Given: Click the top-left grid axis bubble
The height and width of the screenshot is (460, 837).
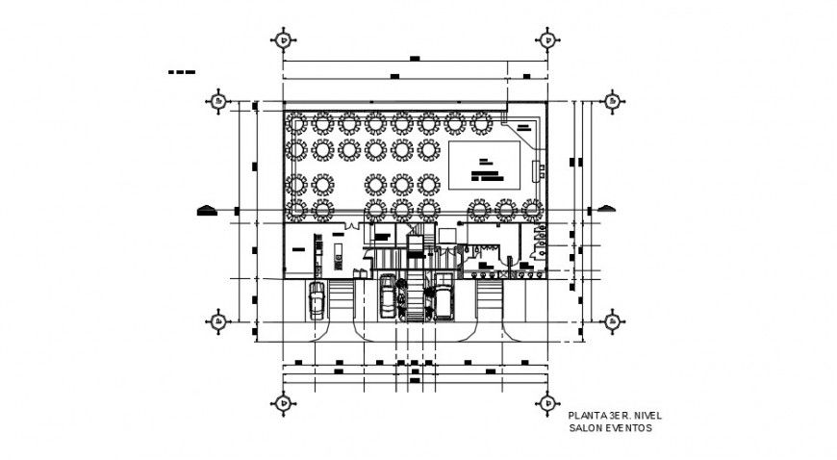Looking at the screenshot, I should coord(283,39).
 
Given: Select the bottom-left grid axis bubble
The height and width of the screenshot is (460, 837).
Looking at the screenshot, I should coord(283,402).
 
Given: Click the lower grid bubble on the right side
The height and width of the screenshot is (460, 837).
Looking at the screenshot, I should coord(610,320).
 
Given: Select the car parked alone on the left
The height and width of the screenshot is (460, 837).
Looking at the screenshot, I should coord(317,300).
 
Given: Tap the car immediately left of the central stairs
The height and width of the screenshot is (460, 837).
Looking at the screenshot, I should coord(388,295).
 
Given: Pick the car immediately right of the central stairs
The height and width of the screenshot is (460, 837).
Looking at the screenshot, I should coord(444,297).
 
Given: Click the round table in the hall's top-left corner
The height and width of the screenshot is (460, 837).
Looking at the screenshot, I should coord(297,123).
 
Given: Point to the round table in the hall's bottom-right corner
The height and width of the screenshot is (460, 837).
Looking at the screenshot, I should coord(530,209).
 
